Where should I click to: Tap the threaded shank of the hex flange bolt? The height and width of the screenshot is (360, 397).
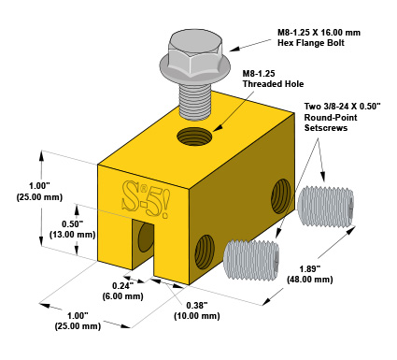(x=195, y=101)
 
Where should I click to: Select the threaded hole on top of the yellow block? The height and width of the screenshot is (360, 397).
(x=194, y=137)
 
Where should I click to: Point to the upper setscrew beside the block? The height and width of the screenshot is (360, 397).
(x=326, y=207)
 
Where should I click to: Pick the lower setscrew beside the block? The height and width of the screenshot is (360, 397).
(x=251, y=260)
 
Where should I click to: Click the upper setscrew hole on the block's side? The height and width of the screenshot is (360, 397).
(x=281, y=195)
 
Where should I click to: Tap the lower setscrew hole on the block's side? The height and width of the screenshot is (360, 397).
(x=205, y=252)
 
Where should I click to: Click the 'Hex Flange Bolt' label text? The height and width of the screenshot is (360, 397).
(x=311, y=43)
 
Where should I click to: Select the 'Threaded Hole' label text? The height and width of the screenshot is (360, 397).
(x=273, y=84)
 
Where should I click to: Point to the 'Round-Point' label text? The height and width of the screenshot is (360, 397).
(x=331, y=118)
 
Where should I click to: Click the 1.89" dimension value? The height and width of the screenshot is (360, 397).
(x=310, y=268)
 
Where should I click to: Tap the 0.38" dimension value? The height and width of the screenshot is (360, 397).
(x=197, y=306)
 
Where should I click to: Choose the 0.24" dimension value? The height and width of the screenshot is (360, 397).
(x=122, y=285)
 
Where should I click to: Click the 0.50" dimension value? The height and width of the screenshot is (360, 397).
(x=72, y=223)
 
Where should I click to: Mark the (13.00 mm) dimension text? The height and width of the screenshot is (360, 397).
(x=72, y=235)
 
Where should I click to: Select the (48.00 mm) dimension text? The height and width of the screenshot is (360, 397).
(x=310, y=280)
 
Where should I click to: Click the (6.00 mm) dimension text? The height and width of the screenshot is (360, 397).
(x=122, y=296)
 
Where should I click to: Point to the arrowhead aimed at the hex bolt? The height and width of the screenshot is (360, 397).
(x=234, y=49)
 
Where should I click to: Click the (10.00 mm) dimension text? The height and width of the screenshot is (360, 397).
(x=197, y=316)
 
